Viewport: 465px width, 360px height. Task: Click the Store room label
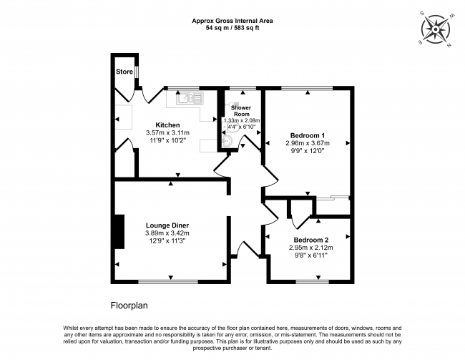(x=124, y=72)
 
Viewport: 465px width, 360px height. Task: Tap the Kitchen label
(x=167, y=125)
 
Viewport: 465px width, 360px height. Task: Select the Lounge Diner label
(x=167, y=225)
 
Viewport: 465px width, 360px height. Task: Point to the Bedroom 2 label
(x=311, y=240)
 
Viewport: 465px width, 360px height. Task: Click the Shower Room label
(x=241, y=111)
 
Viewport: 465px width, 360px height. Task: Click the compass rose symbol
(x=436, y=29)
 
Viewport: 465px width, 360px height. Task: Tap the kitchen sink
(x=190, y=98)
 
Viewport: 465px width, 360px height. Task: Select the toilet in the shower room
(x=227, y=142)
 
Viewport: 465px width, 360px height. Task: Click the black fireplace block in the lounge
(x=119, y=231)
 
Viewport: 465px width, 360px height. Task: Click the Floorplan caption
(x=129, y=306)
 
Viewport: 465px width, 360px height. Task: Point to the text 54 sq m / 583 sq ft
(x=232, y=28)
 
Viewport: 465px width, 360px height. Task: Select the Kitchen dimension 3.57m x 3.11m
(x=167, y=132)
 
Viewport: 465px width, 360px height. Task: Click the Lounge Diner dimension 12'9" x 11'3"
(x=167, y=240)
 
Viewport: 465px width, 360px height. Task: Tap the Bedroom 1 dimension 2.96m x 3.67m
(x=308, y=143)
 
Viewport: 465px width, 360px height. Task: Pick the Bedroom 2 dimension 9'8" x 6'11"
(x=311, y=256)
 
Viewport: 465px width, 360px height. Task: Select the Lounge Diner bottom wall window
(x=168, y=281)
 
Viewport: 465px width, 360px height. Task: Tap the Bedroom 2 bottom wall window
(x=313, y=281)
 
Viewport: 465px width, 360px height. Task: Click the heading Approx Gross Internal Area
(x=232, y=21)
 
